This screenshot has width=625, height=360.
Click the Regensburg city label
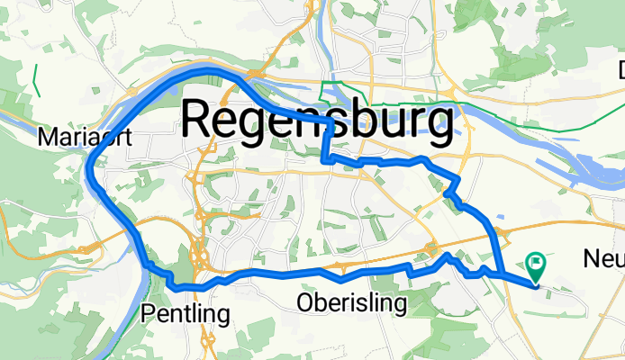(318, 121)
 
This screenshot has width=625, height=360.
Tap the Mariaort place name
(78, 138)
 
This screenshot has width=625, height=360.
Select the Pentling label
(186, 313)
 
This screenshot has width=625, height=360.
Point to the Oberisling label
(351, 304)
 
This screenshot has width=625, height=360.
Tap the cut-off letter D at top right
(621, 69)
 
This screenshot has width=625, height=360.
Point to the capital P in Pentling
(149, 313)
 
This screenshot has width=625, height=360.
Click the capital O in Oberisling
(305, 304)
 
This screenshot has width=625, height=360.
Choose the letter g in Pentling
(222, 316)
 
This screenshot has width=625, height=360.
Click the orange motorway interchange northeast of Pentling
(200, 261)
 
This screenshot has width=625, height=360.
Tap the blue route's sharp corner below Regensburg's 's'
(324, 159)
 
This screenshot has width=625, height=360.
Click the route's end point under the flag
(536, 287)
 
